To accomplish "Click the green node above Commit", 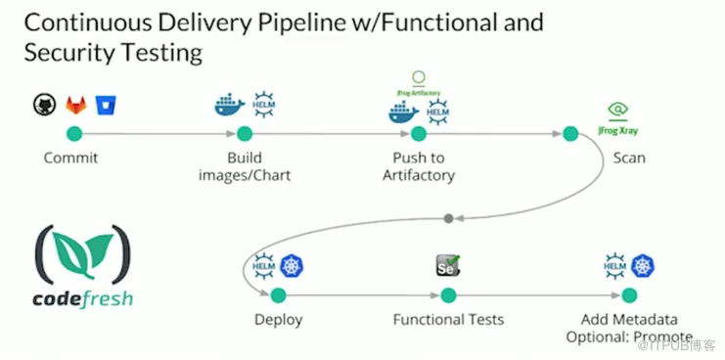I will [74, 134].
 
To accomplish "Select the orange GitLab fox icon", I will [75, 105].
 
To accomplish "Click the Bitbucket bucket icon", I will [104, 105].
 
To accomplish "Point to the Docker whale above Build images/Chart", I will [229, 106].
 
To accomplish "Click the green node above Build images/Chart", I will [245, 134].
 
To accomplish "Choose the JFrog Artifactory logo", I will [418, 85].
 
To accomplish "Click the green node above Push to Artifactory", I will [419, 134].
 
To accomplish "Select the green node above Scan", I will [569, 134].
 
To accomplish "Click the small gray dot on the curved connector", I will [448, 217].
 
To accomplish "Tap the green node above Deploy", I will [278, 295].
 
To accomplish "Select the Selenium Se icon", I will [448, 265].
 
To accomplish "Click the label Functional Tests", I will [448, 320].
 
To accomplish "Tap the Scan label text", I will [628, 157].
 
